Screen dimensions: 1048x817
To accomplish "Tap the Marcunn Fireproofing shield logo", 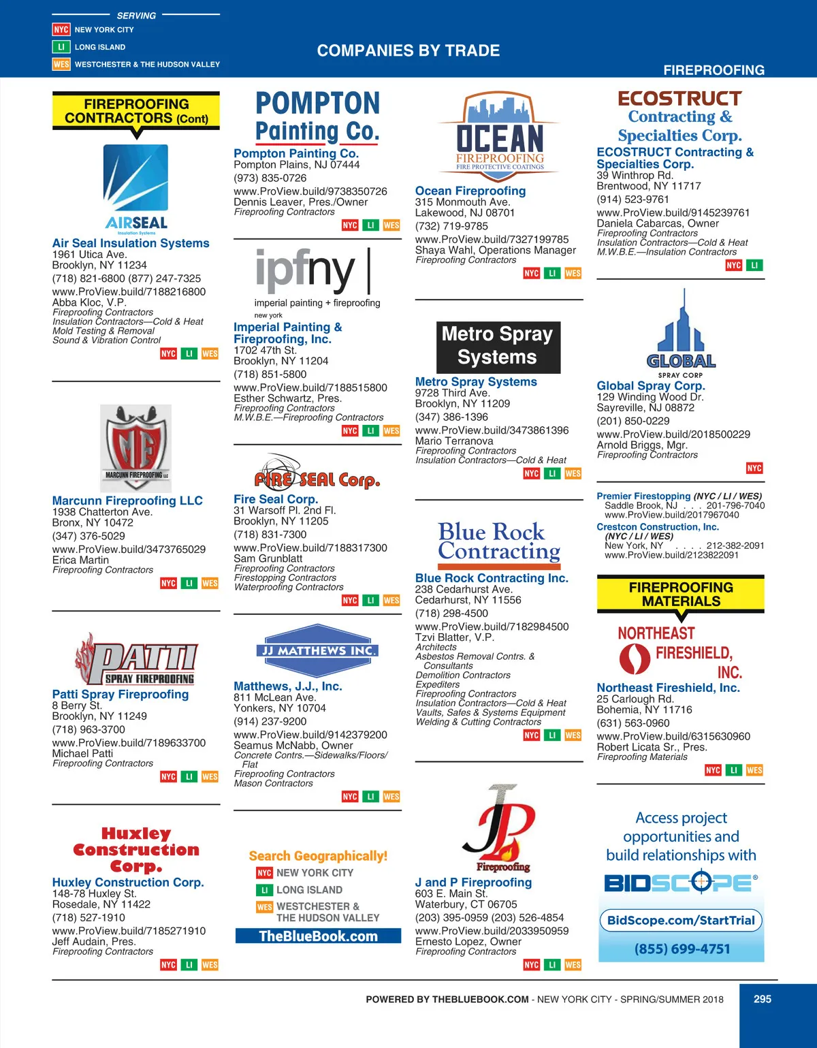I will pyautogui.click(x=135, y=447).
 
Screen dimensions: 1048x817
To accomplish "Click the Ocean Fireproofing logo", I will pyautogui.click(x=500, y=136).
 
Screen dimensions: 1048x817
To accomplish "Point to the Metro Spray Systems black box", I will pyautogui.click(x=498, y=347).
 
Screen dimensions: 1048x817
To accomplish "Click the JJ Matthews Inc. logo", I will pyautogui.click(x=318, y=651).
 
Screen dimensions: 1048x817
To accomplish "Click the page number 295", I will pyautogui.click(x=763, y=999).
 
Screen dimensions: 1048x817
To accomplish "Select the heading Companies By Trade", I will pyautogui.click(x=408, y=50).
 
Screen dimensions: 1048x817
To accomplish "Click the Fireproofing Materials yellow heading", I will pyautogui.click(x=681, y=594).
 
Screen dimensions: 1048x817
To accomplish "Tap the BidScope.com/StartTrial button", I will pyautogui.click(x=681, y=921).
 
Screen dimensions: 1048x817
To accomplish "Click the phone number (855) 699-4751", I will pyautogui.click(x=682, y=949).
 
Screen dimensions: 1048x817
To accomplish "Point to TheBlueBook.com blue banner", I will pyautogui.click(x=318, y=936).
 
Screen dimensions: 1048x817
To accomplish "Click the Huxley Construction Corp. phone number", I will pyautogui.click(x=89, y=917).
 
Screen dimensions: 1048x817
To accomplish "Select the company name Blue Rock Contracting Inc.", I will pyautogui.click(x=492, y=578).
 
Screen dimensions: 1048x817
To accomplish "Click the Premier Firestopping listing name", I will pyautogui.click(x=643, y=496).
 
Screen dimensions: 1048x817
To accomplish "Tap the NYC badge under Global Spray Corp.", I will pyautogui.click(x=754, y=469).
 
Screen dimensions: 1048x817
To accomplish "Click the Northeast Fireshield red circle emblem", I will pyautogui.click(x=635, y=658).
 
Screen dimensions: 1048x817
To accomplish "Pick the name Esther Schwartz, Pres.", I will pyautogui.click(x=287, y=398).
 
